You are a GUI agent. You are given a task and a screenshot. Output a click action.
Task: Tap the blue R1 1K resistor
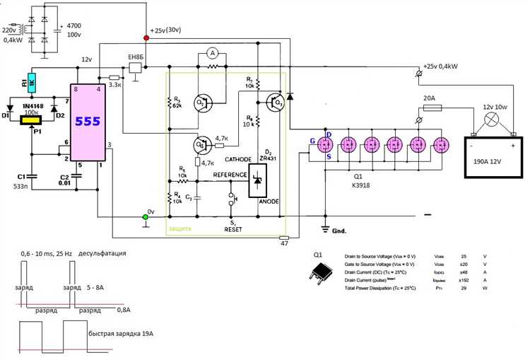30,83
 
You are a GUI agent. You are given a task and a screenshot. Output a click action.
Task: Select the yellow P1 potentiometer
30,121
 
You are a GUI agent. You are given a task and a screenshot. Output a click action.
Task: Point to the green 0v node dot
146,216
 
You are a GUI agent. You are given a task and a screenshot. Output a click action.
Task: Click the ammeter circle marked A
210,54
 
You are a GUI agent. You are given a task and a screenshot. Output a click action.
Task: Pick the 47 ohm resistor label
283,244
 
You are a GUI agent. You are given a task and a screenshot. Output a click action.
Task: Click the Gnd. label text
341,231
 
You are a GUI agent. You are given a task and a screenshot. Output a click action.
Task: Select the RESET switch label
234,229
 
